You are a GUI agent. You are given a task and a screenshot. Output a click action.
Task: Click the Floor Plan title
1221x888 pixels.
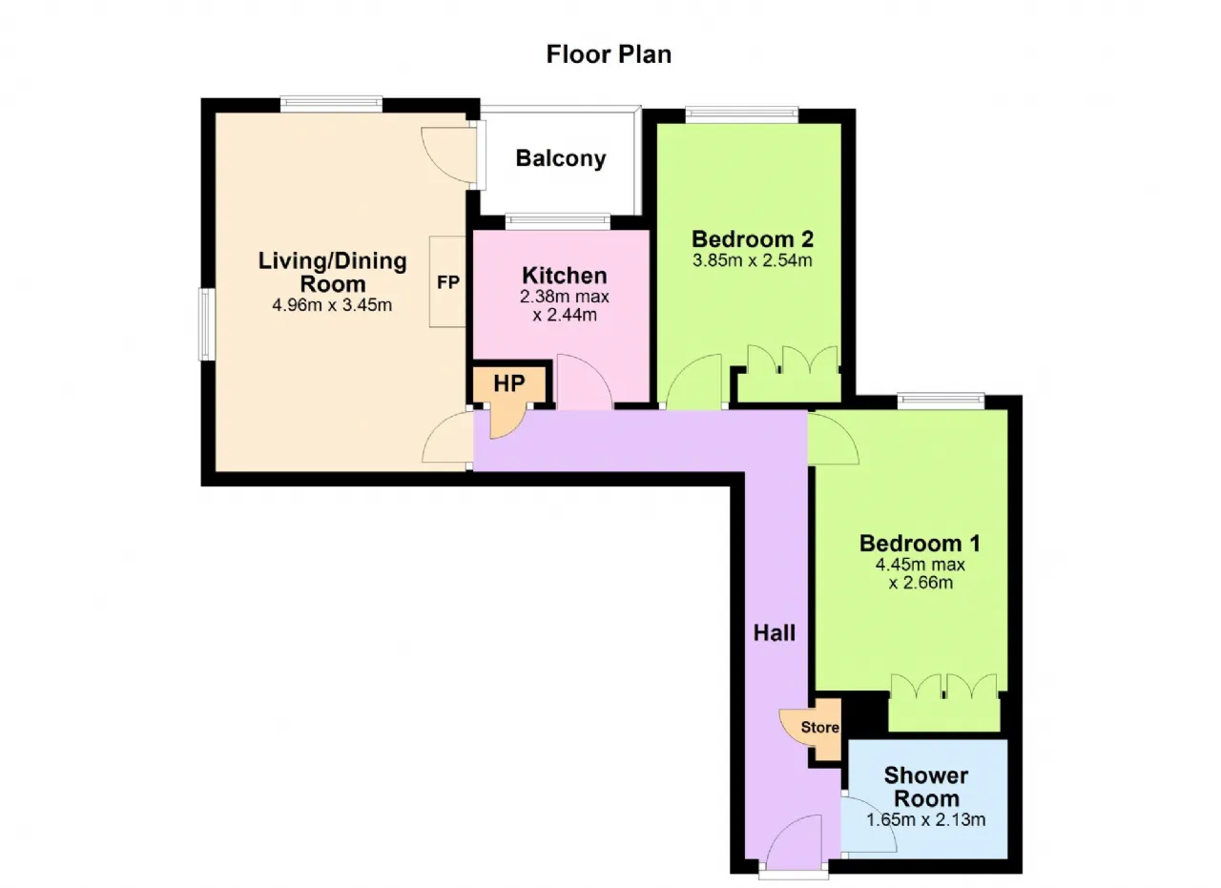pyautogui.click(x=609, y=55)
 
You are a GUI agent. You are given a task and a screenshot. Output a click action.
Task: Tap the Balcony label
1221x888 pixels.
pyautogui.click(x=561, y=158)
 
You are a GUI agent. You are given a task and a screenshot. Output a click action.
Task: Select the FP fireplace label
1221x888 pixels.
pyautogui.click(x=448, y=282)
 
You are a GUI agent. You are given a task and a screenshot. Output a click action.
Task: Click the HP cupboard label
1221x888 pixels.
pyautogui.click(x=509, y=383)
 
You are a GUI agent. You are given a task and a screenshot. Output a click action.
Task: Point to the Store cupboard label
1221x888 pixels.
pyautogui.click(x=819, y=727)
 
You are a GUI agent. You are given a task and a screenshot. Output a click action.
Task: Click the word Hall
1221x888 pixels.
pyautogui.click(x=774, y=633)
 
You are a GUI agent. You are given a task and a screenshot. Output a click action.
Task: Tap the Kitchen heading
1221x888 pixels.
pyautogui.click(x=565, y=276)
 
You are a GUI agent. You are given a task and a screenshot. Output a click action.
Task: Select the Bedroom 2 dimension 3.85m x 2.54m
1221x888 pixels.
pyautogui.click(x=753, y=260)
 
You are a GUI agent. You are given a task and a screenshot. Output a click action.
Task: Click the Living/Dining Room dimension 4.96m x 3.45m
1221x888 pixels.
pyautogui.click(x=332, y=305)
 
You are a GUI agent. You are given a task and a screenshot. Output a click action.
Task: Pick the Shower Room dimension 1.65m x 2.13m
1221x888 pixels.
pyautogui.click(x=926, y=820)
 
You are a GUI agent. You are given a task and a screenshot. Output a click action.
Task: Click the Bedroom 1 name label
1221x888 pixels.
pyautogui.click(x=921, y=544)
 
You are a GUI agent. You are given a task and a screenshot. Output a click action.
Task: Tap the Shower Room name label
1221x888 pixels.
pyautogui.click(x=926, y=787)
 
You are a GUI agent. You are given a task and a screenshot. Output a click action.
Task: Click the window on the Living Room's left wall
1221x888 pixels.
pyautogui.click(x=206, y=324)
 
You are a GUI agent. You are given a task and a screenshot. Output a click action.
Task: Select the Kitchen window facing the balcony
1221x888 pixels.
pyautogui.click(x=558, y=221)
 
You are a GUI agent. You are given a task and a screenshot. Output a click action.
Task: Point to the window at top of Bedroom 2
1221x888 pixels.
pyautogui.click(x=742, y=115)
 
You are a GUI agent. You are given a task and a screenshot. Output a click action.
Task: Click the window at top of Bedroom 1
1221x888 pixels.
pyautogui.click(x=942, y=402)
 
